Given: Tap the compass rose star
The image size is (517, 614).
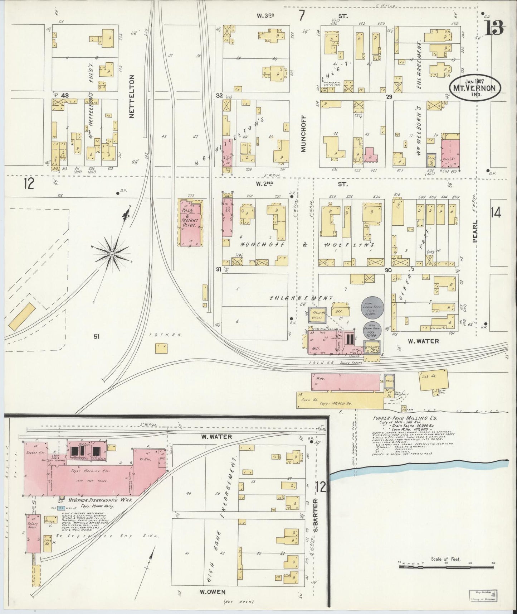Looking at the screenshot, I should [112, 254].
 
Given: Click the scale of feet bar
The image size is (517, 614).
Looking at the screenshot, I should [446, 567].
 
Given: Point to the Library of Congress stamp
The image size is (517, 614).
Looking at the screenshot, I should [485, 596].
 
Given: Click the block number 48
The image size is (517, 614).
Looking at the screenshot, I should [65, 95].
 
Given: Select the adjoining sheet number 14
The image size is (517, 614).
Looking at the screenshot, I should [496, 213].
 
